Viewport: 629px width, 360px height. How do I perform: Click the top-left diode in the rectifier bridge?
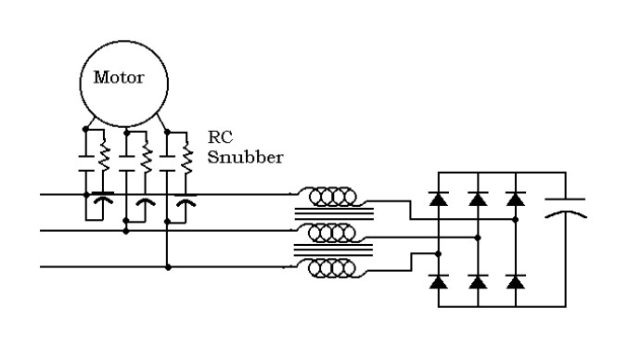(x=439, y=197)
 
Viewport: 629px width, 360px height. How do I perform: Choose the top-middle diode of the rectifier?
(x=477, y=197)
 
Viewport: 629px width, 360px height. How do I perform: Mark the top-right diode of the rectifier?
(x=515, y=197)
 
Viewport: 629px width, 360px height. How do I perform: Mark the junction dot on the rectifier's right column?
(x=515, y=220)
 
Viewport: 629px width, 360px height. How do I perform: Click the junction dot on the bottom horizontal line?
(x=167, y=267)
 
